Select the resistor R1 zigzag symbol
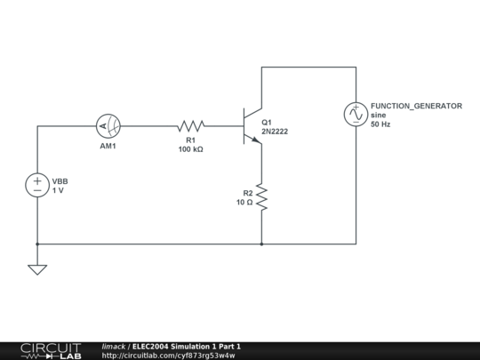(x=191, y=126)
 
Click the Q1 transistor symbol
(x=252, y=126)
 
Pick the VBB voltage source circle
(x=37, y=185)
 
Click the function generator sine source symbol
(x=356, y=114)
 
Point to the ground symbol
(x=37, y=268)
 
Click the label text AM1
(x=108, y=146)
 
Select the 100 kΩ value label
(x=191, y=149)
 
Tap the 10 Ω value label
(x=244, y=203)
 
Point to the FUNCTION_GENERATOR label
(x=416, y=106)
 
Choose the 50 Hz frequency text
(x=380, y=124)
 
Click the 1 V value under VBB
(x=59, y=191)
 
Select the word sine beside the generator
(x=379, y=116)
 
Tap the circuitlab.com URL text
(x=168, y=356)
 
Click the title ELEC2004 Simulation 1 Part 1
(x=187, y=346)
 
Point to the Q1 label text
(x=267, y=122)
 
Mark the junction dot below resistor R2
(x=261, y=243)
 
